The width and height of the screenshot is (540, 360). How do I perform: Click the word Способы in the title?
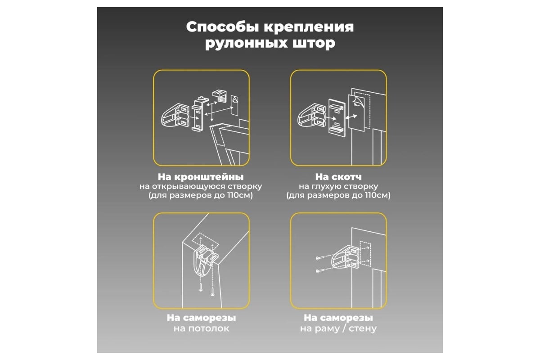223,27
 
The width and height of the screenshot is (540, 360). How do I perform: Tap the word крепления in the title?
309,27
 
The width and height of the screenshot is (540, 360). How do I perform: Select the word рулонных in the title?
247,44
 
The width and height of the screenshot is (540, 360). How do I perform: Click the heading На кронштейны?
201,177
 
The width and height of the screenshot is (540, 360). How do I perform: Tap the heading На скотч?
338,177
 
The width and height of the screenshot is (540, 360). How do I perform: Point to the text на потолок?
201,328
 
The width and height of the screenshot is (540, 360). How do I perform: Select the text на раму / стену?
338,328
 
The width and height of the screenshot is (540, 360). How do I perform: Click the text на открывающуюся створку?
201,187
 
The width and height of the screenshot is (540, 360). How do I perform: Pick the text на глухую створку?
338,187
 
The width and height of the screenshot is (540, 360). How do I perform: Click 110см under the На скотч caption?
376,195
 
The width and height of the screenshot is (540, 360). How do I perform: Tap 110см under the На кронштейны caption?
238,195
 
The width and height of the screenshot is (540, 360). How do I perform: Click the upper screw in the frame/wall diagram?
319,258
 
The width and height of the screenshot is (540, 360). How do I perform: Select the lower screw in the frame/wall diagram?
319,271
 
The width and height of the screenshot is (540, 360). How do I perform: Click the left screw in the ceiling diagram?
201,288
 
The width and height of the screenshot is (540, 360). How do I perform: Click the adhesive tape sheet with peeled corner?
356,113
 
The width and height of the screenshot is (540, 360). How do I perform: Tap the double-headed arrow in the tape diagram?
351,117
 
